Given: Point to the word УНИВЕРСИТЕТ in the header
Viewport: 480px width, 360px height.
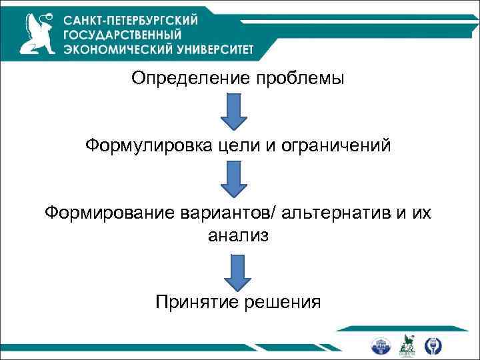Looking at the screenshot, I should point(220,49).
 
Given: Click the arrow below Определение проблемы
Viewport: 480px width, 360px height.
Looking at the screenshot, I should point(234,111).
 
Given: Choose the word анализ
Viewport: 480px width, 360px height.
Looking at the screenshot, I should point(238,235).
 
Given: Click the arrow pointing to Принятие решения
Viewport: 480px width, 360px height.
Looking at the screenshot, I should point(237,271).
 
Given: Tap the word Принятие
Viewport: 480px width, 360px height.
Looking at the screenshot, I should point(189,302).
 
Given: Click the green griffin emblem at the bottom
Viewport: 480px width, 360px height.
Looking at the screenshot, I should point(406,345).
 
